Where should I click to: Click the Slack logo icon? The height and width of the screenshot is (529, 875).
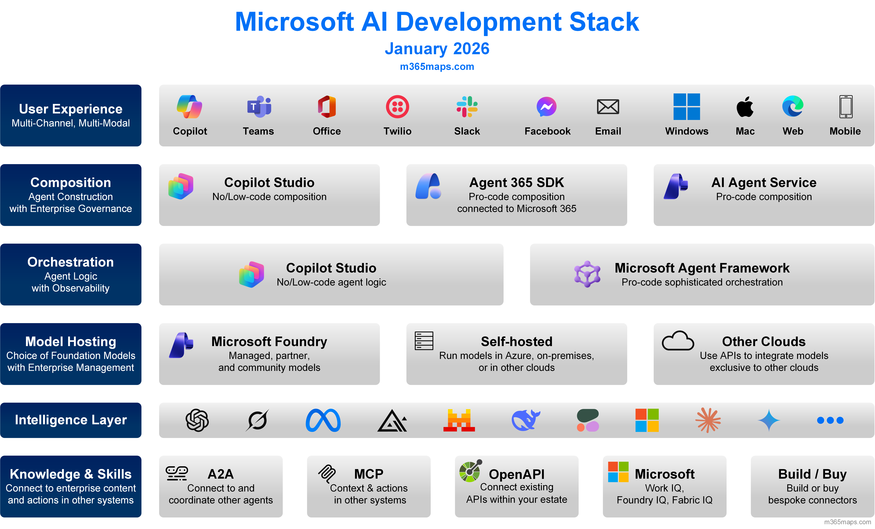(x=467, y=107)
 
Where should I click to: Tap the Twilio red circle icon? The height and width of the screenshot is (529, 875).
(x=397, y=107)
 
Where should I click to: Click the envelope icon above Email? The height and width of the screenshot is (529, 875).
(x=608, y=107)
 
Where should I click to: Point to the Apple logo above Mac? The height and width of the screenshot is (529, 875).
(x=745, y=107)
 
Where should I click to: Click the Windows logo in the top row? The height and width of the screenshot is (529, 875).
(x=686, y=107)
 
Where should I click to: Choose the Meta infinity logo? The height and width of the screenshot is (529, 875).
(x=323, y=420)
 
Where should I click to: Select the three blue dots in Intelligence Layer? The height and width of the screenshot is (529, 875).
(x=830, y=420)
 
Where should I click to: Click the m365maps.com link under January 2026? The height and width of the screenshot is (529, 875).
(x=437, y=66)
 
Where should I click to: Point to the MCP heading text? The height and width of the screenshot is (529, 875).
(x=369, y=474)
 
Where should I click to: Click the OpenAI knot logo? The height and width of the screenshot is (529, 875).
(x=197, y=420)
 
